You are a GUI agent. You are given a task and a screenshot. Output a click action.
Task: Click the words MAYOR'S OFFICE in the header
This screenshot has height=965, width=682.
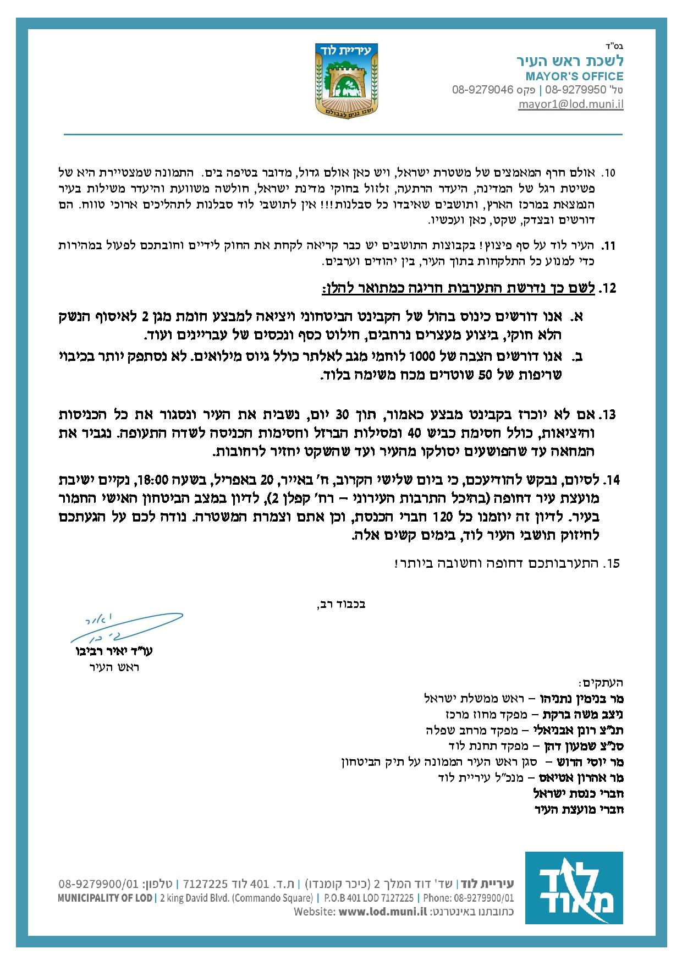pos(574,76)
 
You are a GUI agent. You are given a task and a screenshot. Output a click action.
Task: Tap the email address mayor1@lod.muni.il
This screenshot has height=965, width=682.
pos(570,103)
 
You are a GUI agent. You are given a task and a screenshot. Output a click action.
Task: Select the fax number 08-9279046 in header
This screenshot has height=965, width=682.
pos(482,90)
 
